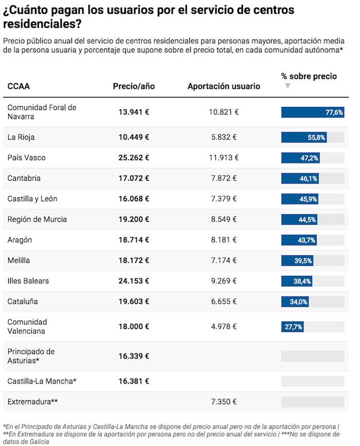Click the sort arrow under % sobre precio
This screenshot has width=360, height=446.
click(287, 86)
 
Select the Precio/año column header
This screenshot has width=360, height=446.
click(134, 86)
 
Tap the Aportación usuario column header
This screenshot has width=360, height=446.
click(224, 86)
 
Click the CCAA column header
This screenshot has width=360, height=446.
click(19, 86)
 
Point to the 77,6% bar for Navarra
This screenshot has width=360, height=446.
click(312, 112)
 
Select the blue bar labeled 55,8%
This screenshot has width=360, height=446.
click(304, 137)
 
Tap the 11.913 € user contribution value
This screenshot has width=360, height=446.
click(224, 158)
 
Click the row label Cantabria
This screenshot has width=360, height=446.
click(24, 178)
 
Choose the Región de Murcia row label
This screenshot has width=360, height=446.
click(37, 219)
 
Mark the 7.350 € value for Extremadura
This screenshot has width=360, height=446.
click(224, 401)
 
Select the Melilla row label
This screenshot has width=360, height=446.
click(19, 261)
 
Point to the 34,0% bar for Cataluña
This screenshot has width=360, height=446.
click(295, 302)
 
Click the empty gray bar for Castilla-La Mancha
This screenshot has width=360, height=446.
click(312, 381)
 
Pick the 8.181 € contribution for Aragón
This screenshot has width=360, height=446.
click(224, 240)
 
